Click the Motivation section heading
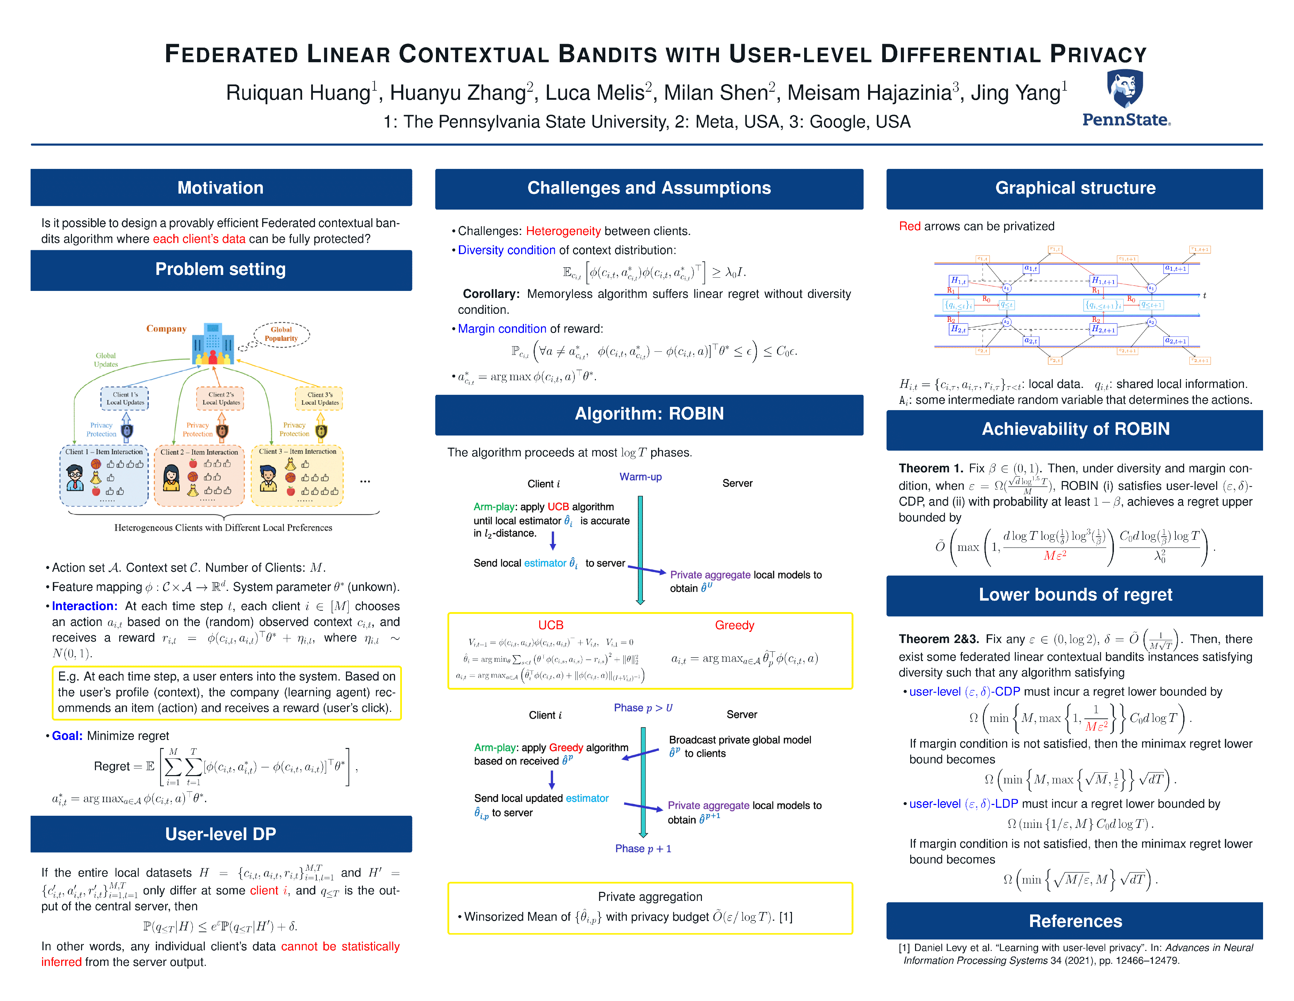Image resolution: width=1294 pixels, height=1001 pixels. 220,188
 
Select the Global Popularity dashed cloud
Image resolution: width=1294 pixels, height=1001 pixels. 282,335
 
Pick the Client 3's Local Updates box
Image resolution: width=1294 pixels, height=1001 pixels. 320,399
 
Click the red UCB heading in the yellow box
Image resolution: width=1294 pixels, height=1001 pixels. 550,625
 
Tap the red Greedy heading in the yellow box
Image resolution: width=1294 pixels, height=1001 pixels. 734,625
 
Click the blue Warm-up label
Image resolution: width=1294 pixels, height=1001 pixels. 640,477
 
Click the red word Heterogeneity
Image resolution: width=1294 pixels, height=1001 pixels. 563,231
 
